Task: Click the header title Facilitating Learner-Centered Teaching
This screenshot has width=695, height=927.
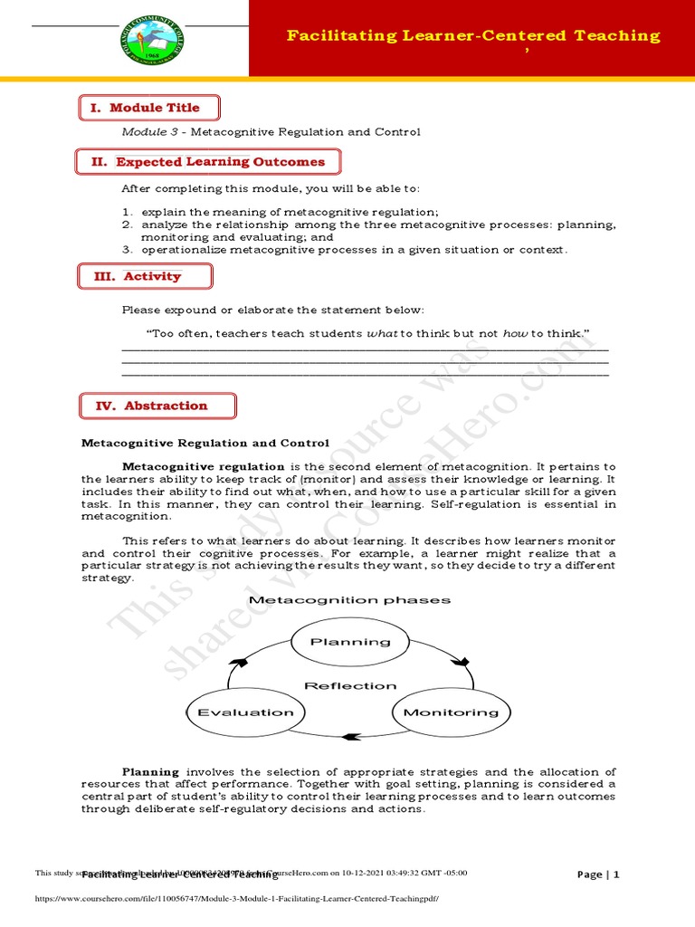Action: [473, 36]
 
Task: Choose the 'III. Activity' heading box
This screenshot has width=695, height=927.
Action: [146, 276]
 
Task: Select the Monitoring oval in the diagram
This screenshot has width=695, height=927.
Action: [450, 712]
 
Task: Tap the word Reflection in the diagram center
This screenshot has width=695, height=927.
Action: [350, 685]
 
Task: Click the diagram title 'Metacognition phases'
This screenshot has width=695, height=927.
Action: [349, 599]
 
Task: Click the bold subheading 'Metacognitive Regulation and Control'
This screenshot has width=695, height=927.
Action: [205, 443]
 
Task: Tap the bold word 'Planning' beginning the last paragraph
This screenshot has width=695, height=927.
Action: [150, 771]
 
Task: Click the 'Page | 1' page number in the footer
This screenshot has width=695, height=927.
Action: [598, 874]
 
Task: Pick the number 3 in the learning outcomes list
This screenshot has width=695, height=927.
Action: [128, 249]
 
